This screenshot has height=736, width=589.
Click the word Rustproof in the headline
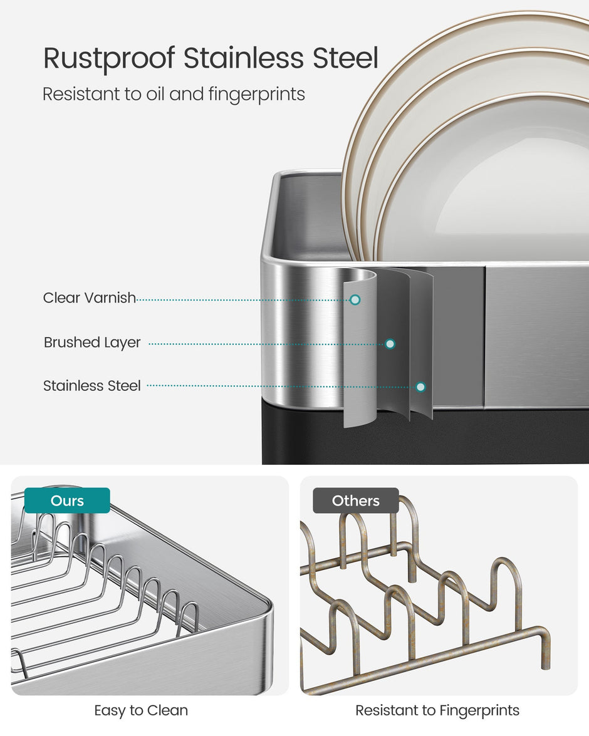point(109,59)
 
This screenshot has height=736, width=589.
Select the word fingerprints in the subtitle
point(257,95)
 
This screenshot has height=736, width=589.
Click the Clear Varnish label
point(89,298)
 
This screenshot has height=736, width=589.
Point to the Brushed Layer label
point(92,343)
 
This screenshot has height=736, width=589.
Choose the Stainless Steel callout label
point(92,386)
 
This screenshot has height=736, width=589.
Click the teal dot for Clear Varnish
point(355,299)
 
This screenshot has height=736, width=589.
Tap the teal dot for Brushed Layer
point(390,344)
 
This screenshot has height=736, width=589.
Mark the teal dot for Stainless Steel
point(421,386)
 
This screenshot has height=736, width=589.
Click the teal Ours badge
point(67,500)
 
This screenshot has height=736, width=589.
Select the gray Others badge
point(355,500)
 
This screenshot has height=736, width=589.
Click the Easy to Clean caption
point(141,711)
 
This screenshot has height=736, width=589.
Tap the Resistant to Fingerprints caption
point(437,711)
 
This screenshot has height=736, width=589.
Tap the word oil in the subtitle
point(154,94)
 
